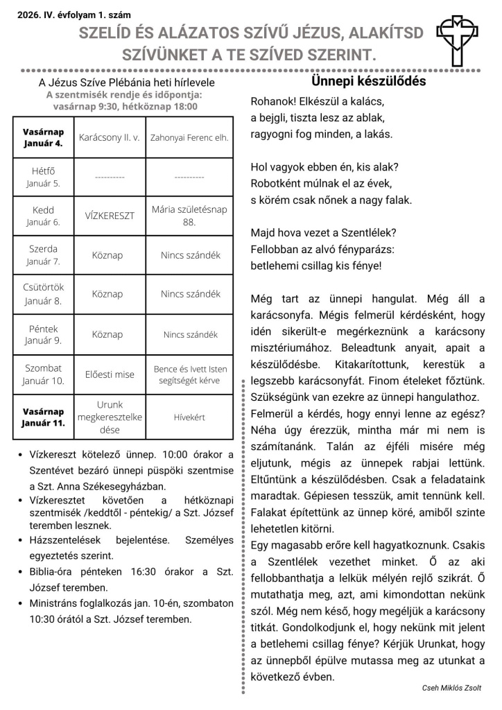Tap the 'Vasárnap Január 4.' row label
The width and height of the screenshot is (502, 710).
point(43,137)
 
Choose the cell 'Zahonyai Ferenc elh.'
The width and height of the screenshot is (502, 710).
point(189,138)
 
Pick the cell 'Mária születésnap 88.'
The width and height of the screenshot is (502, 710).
point(189,216)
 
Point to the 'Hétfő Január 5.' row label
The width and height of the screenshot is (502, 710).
point(43,177)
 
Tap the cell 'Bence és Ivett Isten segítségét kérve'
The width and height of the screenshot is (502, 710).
point(189,374)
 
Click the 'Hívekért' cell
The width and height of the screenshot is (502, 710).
point(189,417)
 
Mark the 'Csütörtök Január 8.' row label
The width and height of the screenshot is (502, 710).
point(43,294)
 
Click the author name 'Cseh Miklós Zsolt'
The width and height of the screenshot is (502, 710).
point(451,687)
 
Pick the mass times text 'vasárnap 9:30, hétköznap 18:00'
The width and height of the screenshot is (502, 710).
point(125,106)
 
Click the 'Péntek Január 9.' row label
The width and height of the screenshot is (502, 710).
point(43,334)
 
